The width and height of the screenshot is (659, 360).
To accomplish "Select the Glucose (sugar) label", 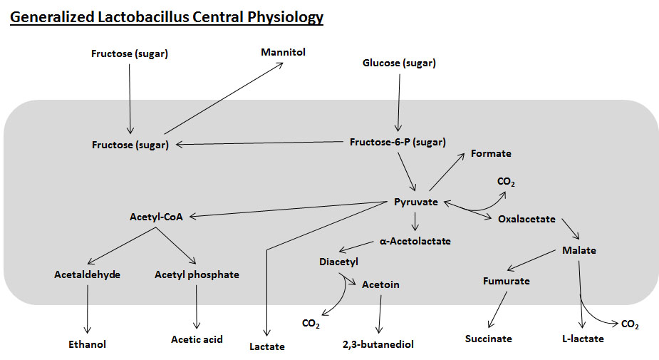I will click(399, 63).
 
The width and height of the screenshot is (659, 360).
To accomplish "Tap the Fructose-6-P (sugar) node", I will click(398, 142).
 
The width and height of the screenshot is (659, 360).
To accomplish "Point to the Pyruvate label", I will click(416, 202).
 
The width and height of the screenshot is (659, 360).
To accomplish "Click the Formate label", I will click(491, 153).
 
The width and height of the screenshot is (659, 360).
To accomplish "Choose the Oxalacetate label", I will click(526, 219).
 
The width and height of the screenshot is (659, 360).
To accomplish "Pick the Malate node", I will click(578, 250).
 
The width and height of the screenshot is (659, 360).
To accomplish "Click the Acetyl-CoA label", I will click(156, 217).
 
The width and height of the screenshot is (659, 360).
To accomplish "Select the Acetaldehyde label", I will click(87, 274).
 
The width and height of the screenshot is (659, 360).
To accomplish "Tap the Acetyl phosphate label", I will click(197, 274).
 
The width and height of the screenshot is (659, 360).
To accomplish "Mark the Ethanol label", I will click(87, 344).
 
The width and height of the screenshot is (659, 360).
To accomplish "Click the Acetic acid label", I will click(197, 339).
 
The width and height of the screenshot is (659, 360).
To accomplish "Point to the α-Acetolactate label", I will click(415, 241).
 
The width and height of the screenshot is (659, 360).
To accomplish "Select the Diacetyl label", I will click(338, 262).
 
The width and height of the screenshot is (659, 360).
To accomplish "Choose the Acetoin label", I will click(380, 284).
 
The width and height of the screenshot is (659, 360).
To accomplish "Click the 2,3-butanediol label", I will click(378, 344).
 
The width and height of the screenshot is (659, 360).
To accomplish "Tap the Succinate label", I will click(488, 339).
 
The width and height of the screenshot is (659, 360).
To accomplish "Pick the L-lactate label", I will click(582, 339).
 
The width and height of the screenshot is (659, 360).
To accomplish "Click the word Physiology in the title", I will click(283, 17).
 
